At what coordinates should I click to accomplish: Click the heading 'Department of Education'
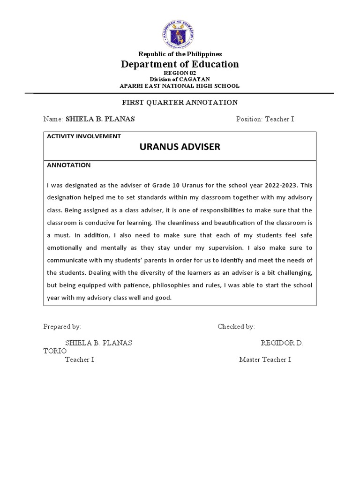point(180,64)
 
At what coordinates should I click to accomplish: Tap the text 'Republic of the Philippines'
point(180,54)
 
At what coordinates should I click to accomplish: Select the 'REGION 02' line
point(180,74)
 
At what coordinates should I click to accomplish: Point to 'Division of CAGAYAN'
point(180,79)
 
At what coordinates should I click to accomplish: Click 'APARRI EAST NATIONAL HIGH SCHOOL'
point(180,86)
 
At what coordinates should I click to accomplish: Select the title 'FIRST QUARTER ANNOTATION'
point(180,102)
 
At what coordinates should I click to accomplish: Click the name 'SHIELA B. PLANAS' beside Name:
point(100,119)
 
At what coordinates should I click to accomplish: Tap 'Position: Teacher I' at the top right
point(265,119)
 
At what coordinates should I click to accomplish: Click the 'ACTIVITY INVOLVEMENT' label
point(84,136)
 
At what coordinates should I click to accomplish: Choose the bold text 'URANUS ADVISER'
point(180,147)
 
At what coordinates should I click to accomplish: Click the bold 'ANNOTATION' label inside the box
point(69,165)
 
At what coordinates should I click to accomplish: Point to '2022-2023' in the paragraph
point(280,185)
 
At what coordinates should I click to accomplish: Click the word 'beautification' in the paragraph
point(266,223)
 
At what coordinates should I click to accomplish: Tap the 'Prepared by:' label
point(62,326)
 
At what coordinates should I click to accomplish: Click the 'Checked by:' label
point(236,326)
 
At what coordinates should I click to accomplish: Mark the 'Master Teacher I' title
point(265,360)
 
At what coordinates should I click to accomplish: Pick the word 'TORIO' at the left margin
point(55,351)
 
